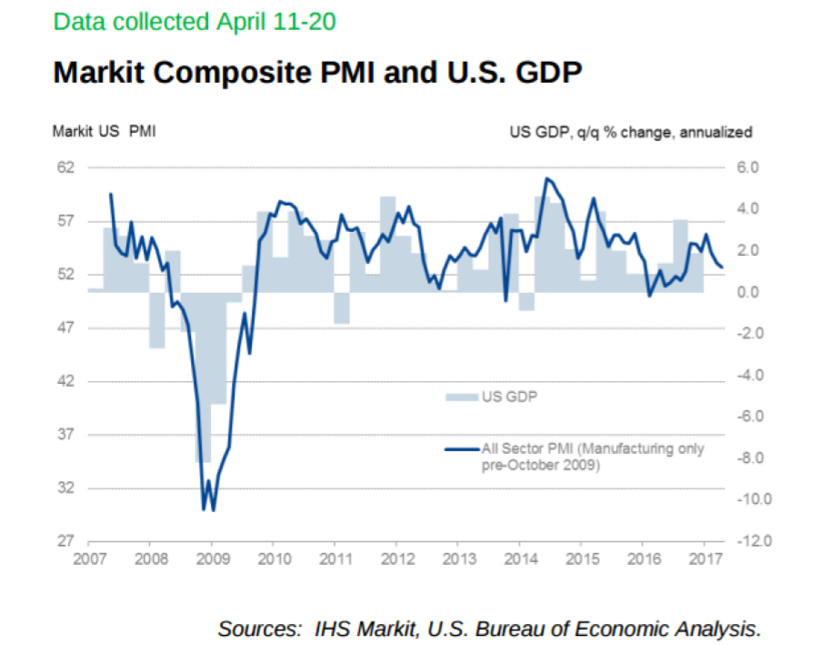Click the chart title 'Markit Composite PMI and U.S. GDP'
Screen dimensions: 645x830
[316, 73]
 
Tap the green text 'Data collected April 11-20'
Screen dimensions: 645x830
[195, 21]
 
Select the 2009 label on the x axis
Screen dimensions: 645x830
[212, 558]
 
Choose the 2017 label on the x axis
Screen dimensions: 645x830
[705, 558]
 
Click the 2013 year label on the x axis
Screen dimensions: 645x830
[458, 558]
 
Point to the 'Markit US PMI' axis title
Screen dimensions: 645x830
[103, 132]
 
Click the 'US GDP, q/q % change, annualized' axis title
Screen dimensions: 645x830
[630, 132]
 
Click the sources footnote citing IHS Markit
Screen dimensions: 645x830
[489, 628]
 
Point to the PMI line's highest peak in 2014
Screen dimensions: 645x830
[545, 178]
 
